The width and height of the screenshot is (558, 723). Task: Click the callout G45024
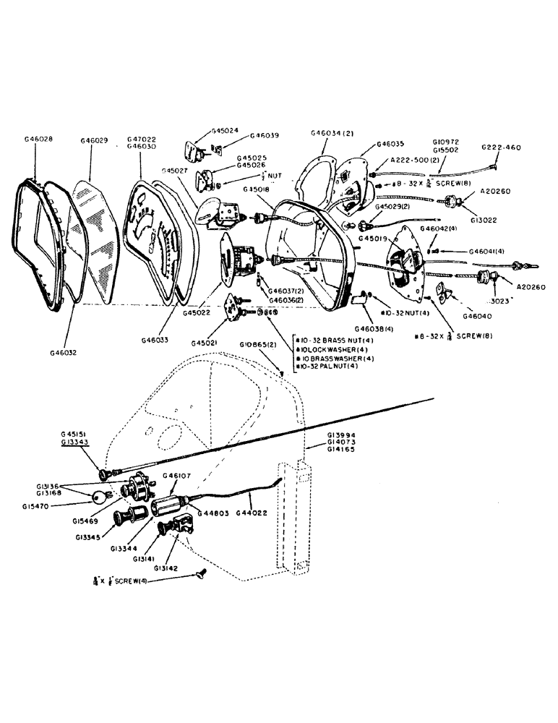click(226, 132)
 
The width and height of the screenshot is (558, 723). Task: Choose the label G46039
click(265, 135)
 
